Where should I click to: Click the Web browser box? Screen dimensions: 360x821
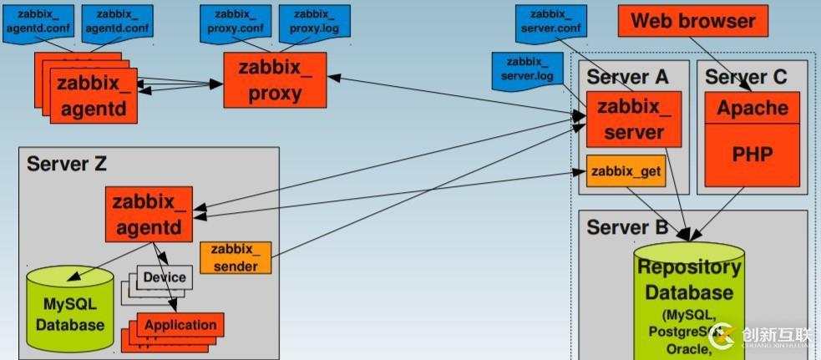692,21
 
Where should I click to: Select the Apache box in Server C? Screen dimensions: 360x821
752,108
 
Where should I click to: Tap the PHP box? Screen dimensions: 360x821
752,155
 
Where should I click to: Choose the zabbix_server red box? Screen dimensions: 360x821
634,119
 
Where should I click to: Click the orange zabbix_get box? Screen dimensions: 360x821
626,171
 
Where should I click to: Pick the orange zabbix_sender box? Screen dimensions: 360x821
236,256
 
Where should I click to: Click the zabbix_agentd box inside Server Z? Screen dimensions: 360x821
148,213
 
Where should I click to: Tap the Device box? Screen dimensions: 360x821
164,277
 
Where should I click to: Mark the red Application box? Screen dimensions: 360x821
180,325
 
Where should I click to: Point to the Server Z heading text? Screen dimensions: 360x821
67,164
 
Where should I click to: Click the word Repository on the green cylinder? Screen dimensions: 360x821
688,268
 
